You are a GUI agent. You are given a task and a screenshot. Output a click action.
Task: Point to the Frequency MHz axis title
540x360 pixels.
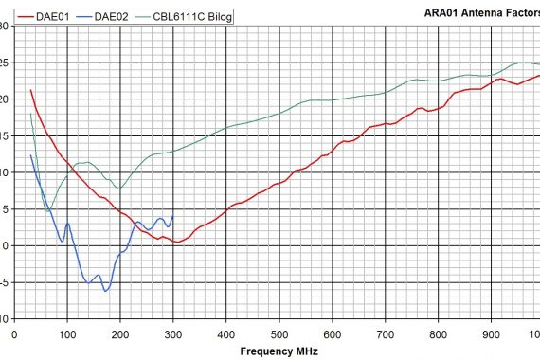[279, 351]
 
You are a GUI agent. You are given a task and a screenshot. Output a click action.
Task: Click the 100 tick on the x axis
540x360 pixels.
[67, 333]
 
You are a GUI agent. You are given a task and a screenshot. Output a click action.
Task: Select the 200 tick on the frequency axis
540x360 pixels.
[120, 333]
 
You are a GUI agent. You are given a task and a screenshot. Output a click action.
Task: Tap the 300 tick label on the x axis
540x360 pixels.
[173, 333]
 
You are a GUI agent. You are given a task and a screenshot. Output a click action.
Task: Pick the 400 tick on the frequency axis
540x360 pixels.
[226, 333]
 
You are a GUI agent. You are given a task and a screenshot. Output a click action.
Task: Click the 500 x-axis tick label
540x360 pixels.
[279, 333]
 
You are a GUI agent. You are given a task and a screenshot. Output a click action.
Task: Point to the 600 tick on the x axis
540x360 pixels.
[333, 333]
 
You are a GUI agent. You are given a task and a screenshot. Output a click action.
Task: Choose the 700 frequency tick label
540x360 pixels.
[386, 333]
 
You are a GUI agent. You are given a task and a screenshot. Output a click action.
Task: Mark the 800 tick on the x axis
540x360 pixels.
[439, 333]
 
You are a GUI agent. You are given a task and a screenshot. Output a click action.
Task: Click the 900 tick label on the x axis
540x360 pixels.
[492, 333]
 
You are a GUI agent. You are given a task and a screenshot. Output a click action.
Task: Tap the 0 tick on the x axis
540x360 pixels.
[14, 333]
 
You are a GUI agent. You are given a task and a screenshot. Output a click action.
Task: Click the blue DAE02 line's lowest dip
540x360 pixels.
[106, 290]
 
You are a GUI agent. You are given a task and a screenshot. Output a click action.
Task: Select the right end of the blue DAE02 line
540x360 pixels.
[172, 216]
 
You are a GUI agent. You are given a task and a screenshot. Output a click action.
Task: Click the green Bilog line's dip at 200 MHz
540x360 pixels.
[119, 189]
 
